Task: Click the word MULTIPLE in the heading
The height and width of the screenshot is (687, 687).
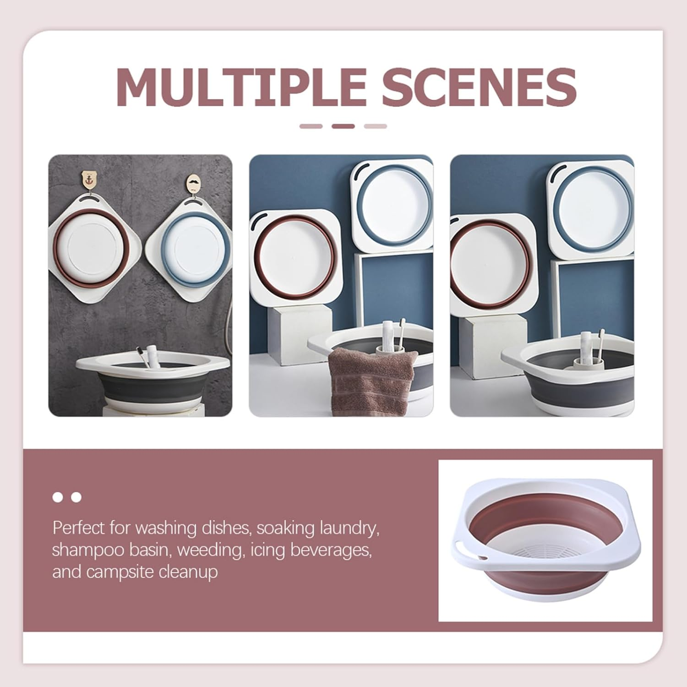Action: pyautogui.click(x=241, y=87)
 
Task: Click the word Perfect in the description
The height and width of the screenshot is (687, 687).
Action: pyautogui.click(x=78, y=528)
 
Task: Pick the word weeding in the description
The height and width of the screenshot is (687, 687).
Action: pyautogui.click(x=209, y=550)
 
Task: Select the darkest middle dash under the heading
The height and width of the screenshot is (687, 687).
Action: pyautogui.click(x=343, y=126)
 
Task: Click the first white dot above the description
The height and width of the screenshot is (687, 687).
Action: pyautogui.click(x=58, y=497)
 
